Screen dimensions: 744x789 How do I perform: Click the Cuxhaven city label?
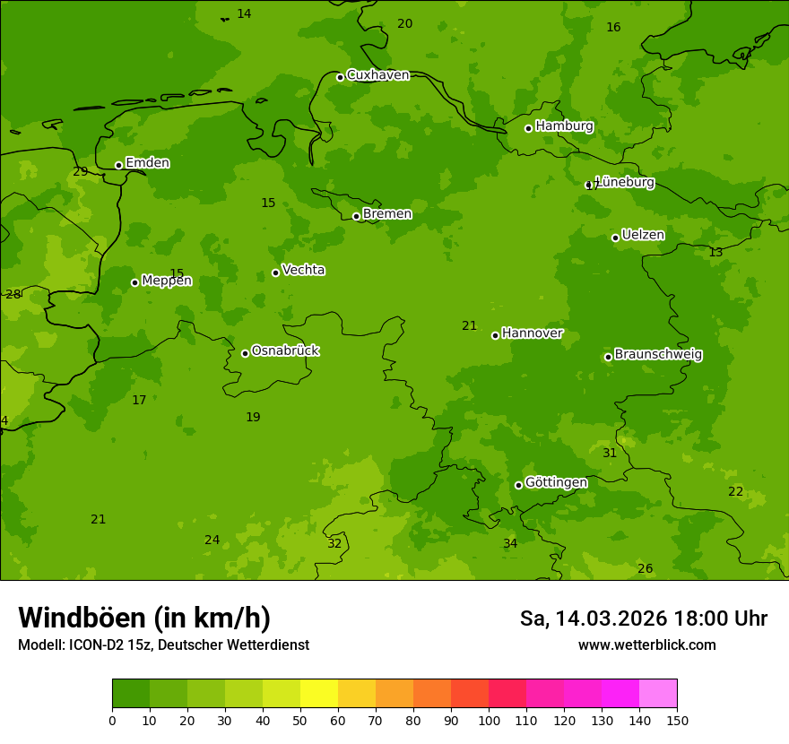click(x=377, y=75)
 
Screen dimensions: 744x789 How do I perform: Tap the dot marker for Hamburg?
click(x=528, y=128)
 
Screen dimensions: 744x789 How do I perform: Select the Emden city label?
click(x=147, y=163)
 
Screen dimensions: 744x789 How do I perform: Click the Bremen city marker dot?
click(x=356, y=216)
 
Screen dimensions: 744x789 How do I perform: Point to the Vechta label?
click(x=303, y=270)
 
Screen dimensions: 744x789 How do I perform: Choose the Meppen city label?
click(x=167, y=281)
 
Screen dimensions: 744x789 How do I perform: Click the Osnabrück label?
click(x=285, y=350)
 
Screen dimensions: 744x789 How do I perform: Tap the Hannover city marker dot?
click(x=495, y=335)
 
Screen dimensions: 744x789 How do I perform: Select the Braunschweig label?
click(x=658, y=354)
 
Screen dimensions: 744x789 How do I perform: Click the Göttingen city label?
click(x=556, y=482)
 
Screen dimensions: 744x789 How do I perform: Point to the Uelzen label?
click(x=643, y=235)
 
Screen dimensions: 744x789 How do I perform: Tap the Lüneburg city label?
click(x=624, y=182)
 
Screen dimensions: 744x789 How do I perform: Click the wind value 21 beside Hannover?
click(x=470, y=326)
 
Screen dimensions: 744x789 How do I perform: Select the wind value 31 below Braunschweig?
click(x=610, y=454)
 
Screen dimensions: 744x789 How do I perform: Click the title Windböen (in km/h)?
click(x=144, y=618)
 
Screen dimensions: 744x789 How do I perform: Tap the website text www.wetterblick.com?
click(x=646, y=645)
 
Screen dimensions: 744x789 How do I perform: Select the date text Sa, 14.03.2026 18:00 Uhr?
click(x=643, y=619)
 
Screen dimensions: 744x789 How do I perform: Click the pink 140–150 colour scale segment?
click(x=658, y=694)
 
